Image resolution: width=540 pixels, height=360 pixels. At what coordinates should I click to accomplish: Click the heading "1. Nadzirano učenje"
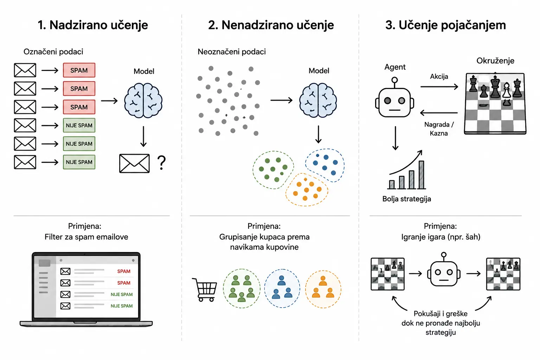[93, 25]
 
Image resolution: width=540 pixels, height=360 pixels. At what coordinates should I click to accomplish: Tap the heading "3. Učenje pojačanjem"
[445, 25]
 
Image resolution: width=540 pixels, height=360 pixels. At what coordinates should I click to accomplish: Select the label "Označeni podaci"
[53, 52]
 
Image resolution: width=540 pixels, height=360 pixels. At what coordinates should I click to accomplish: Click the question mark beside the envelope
[161, 163]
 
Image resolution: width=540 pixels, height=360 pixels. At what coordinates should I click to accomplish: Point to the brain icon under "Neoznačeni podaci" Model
[318, 100]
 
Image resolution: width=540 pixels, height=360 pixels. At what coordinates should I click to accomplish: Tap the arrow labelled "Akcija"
[439, 86]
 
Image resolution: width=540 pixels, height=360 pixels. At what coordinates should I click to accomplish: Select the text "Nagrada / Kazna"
[439, 129]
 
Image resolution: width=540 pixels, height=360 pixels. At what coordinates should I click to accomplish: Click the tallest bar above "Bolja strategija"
[422, 175]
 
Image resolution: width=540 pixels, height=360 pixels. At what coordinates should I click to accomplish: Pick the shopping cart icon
[205, 290]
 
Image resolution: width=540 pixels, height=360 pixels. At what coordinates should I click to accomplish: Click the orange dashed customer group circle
[323, 289]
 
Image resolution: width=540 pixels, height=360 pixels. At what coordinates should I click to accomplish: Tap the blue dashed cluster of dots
[325, 165]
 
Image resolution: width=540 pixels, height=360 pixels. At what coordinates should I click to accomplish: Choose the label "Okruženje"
[495, 60]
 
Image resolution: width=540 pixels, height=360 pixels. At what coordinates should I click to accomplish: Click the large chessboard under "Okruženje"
[495, 103]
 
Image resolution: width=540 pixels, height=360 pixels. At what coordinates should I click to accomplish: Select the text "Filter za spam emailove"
[86, 237]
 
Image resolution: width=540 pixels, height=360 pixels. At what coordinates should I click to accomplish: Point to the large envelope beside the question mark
[134, 163]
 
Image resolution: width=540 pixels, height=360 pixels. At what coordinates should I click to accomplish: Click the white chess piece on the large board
[507, 90]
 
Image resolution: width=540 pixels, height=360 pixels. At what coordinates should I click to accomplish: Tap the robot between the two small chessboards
[444, 270]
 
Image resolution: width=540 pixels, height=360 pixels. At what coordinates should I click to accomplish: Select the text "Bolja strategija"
[407, 199]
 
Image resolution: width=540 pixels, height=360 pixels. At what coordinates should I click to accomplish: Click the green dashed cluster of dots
[273, 170]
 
